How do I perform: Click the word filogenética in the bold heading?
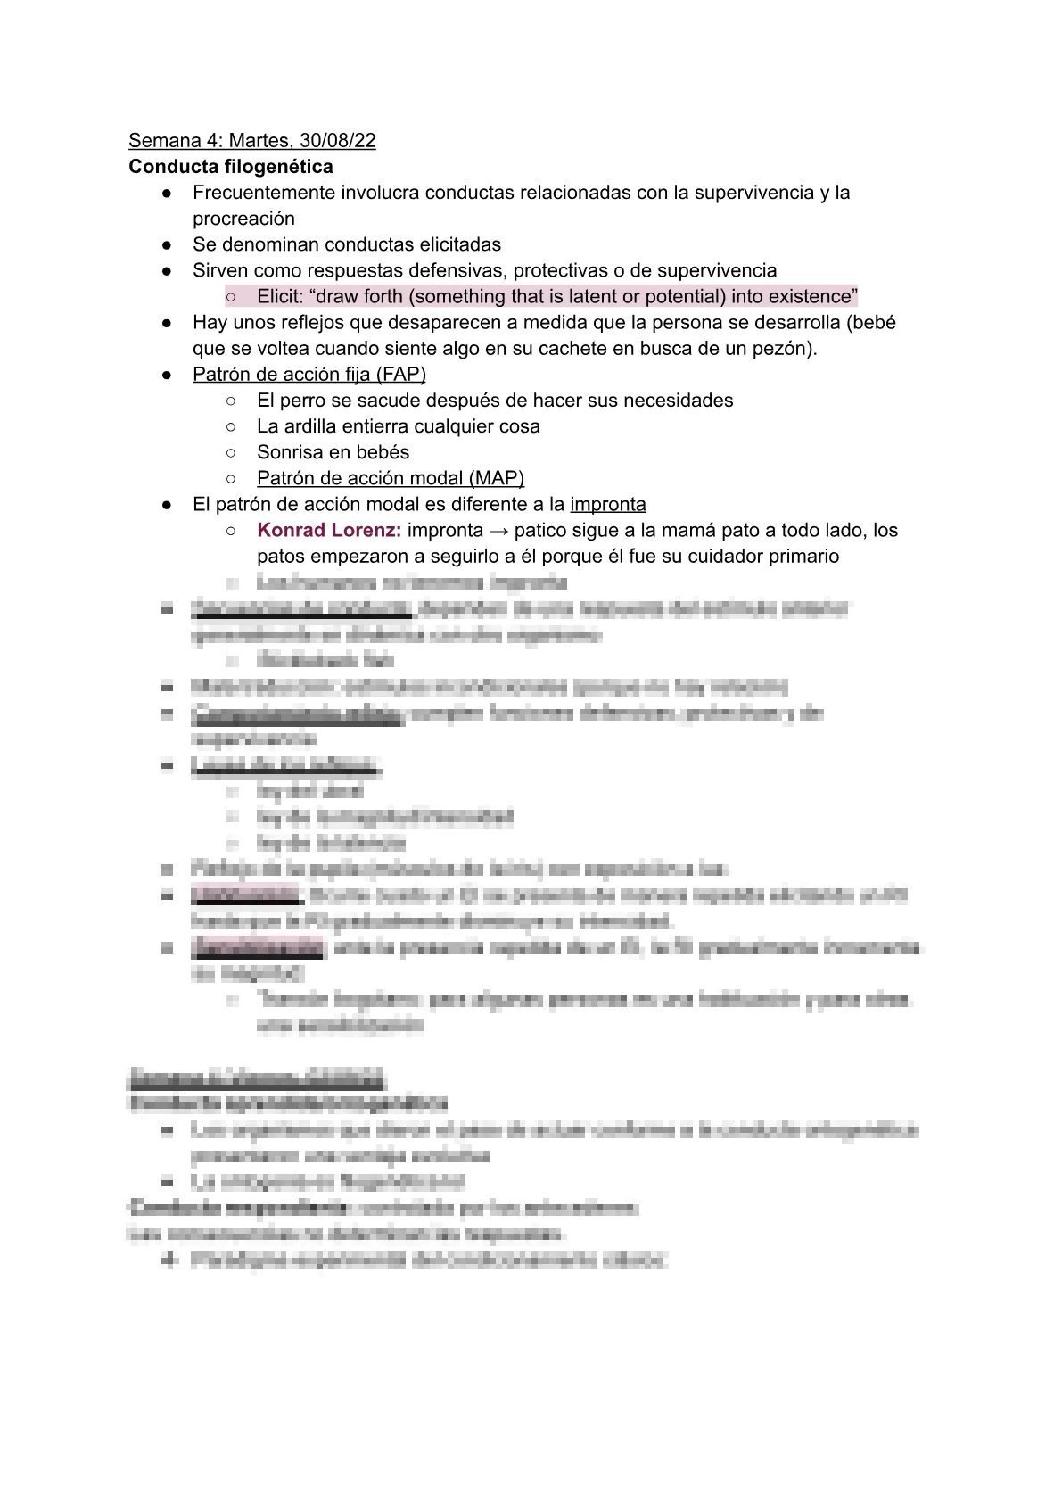point(277,167)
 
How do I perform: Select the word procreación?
point(243,219)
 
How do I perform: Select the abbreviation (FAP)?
point(404,375)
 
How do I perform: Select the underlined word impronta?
point(608,504)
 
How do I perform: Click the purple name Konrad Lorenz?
point(328,530)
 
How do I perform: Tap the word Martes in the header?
point(259,140)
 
